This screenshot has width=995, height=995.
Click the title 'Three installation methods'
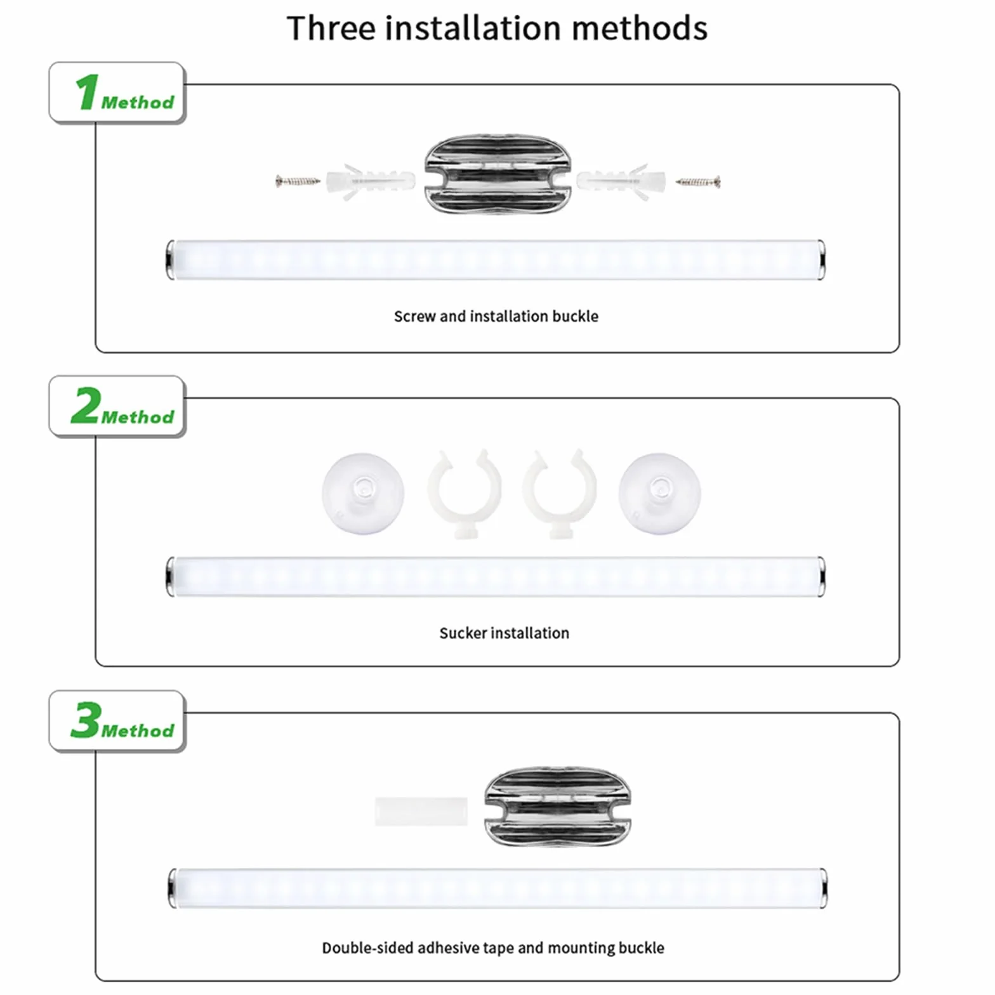point(497,29)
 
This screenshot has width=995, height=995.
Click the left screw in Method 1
point(298,181)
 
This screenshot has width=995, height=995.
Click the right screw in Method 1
point(697,182)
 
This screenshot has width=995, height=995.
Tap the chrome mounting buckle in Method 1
point(498,175)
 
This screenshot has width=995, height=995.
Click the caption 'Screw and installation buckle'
point(496,316)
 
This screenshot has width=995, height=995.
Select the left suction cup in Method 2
point(363,493)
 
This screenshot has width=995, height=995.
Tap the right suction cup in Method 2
point(660,493)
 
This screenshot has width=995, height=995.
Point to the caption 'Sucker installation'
point(504,633)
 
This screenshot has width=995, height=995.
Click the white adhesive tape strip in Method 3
point(421,812)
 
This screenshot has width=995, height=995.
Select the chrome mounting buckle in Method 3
point(558,807)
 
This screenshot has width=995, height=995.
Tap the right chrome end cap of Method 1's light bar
point(821,260)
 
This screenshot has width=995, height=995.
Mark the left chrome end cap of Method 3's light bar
point(173,888)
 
